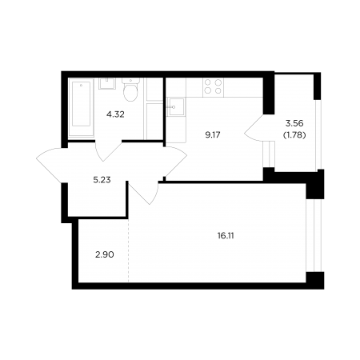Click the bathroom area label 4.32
point(115,114)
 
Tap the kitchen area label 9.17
point(213,135)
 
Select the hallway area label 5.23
point(102,180)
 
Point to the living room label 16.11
point(226,236)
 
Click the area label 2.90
point(105,254)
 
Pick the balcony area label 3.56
point(294,123)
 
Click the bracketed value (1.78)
point(294,135)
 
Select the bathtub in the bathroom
point(81,107)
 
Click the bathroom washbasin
point(107,83)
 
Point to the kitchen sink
point(175,107)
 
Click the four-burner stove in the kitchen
point(213,87)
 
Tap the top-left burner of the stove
point(208,82)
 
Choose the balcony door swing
point(254,128)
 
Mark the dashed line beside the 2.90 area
point(128,250)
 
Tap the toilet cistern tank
point(130,80)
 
